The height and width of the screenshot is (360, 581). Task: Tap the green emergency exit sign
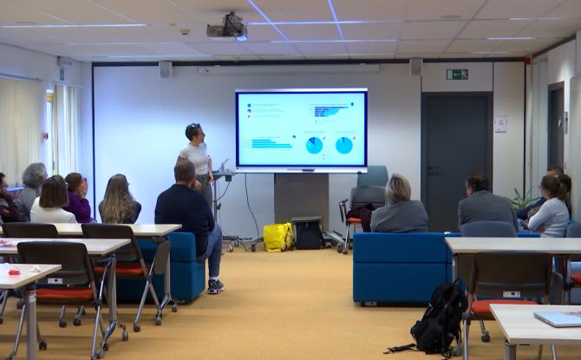[x=457, y=75]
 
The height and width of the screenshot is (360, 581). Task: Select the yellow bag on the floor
[x=277, y=236]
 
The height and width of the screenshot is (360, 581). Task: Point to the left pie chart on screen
[x=314, y=145]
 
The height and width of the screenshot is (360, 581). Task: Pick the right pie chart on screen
[x=344, y=145]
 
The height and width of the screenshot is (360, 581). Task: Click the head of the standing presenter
[x=193, y=133]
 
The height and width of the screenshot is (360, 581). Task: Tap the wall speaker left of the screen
[x=165, y=69]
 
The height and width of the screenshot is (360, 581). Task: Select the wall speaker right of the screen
[x=415, y=67]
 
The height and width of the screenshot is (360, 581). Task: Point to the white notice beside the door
[x=500, y=124]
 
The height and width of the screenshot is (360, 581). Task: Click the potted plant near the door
[x=522, y=199]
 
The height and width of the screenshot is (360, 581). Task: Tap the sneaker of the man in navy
[x=215, y=285]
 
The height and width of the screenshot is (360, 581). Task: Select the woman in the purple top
[x=77, y=199]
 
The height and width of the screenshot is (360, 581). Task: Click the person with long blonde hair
[x=119, y=201]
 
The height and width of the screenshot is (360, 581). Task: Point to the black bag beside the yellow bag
[x=307, y=232]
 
